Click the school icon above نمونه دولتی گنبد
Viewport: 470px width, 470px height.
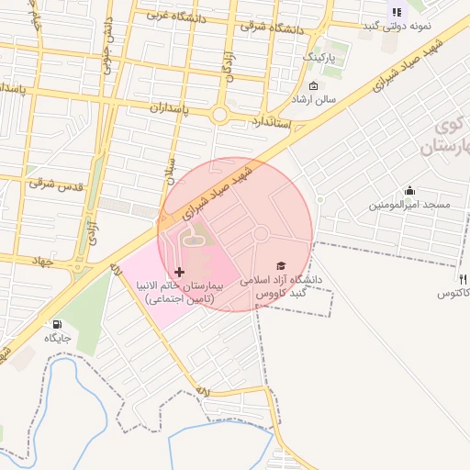point(397,12)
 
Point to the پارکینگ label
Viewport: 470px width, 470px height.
point(320,57)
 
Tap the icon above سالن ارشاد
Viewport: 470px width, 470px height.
point(314,85)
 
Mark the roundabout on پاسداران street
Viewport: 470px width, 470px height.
point(220,115)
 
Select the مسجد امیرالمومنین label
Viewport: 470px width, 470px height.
point(409,204)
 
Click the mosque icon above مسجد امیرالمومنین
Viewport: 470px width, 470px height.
point(409,190)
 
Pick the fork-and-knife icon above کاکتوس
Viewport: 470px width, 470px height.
point(462,279)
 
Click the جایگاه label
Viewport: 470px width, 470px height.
point(58,338)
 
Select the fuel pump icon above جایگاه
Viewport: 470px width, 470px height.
point(58,324)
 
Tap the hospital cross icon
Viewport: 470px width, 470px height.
point(178,273)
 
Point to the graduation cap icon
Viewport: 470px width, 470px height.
point(280,265)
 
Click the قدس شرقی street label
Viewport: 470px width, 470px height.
point(55,184)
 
